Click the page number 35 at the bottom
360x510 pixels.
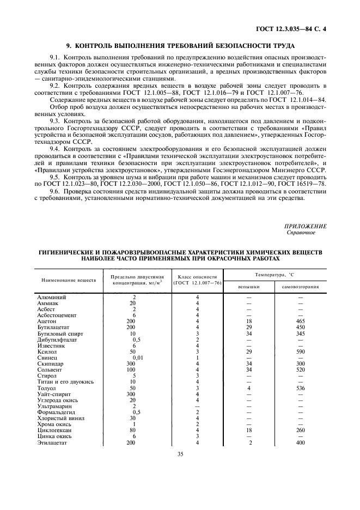(x=180, y=467)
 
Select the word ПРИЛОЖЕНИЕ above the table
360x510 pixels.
(x=306, y=226)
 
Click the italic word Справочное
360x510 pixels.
(x=301, y=233)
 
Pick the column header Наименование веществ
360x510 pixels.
(x=69, y=280)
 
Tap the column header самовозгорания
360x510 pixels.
(x=300, y=286)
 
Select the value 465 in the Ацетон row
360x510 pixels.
(x=300, y=322)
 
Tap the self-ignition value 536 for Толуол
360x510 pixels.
(x=300, y=387)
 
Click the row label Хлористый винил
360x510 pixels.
(x=59, y=418)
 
